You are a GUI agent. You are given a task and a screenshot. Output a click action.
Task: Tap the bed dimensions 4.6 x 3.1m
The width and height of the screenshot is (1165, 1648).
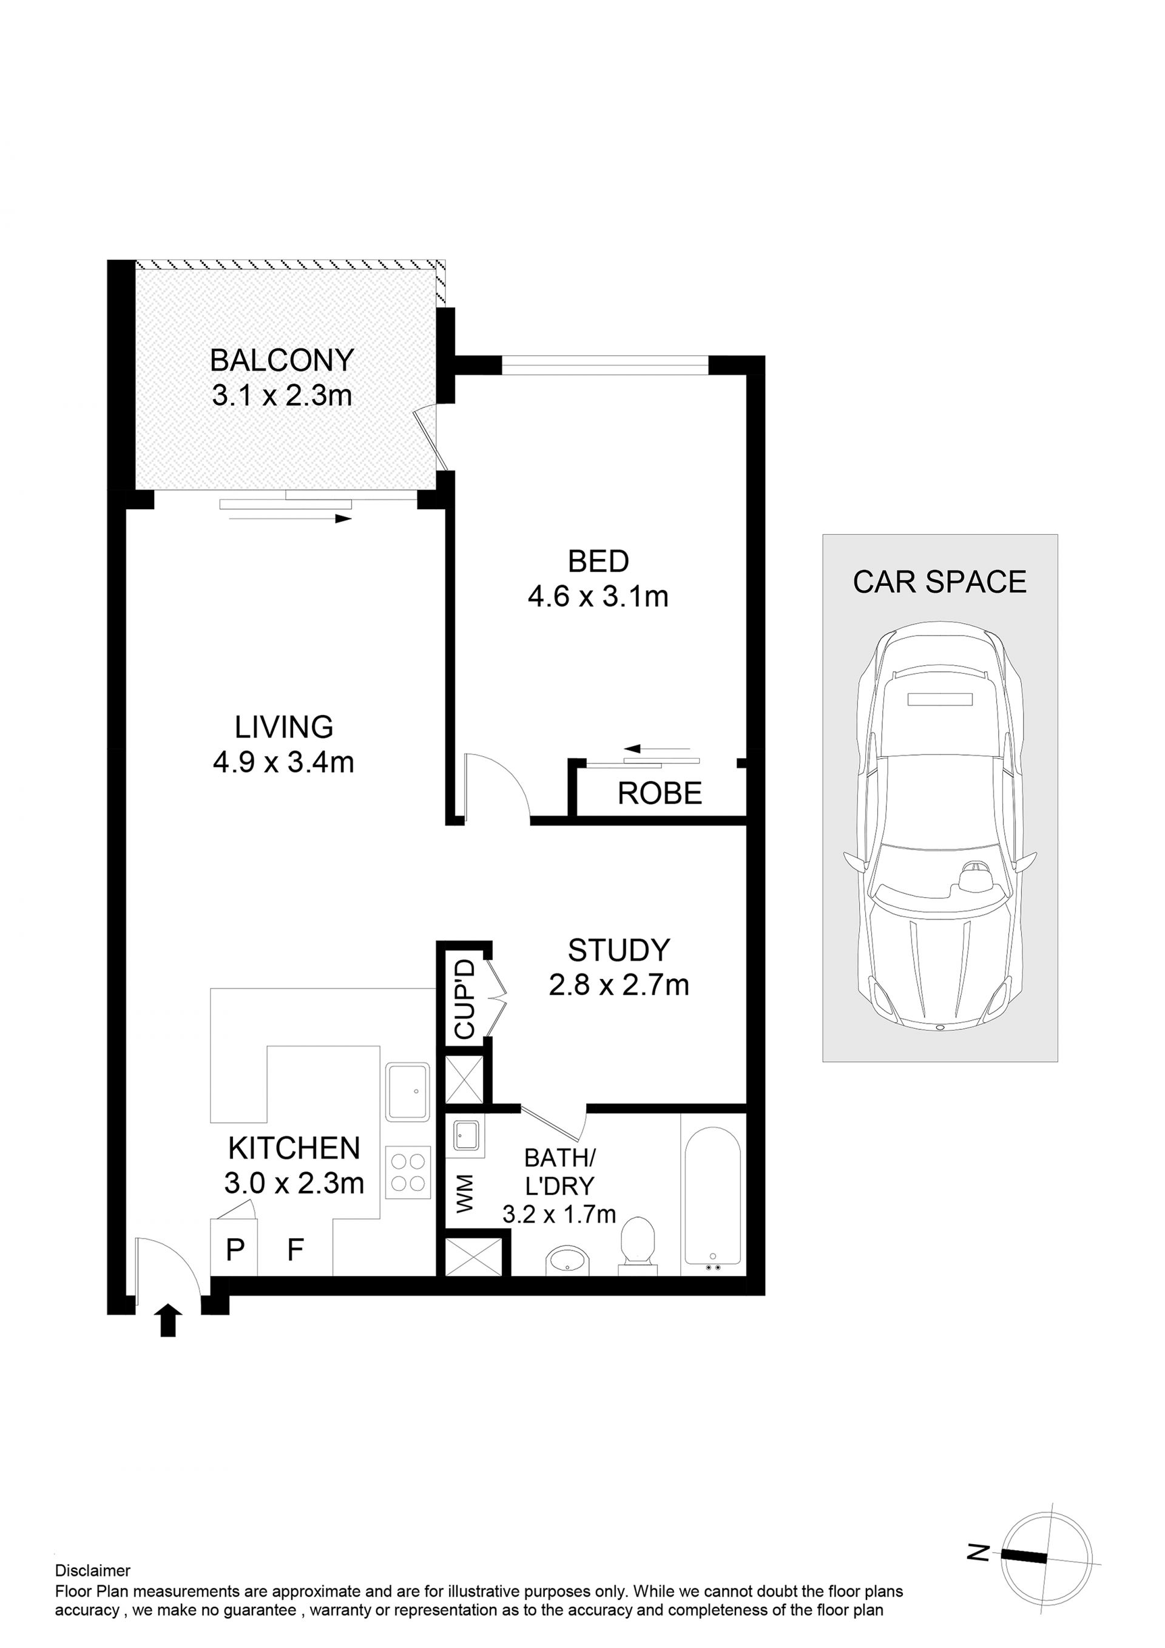(x=598, y=597)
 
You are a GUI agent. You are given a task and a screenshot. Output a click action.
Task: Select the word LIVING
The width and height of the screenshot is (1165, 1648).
(x=284, y=727)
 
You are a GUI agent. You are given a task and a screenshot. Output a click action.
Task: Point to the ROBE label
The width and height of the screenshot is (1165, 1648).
(x=660, y=793)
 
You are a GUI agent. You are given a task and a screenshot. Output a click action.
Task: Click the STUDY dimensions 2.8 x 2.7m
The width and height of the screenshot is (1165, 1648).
(x=619, y=986)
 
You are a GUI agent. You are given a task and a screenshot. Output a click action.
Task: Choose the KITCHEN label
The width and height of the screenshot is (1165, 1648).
(x=294, y=1148)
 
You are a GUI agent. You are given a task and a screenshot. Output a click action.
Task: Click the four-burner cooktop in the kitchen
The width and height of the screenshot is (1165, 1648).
(x=409, y=1173)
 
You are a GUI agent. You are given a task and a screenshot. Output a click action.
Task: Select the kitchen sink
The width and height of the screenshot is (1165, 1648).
(x=408, y=1092)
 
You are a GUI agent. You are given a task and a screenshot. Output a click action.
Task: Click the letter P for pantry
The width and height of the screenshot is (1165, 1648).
(x=235, y=1250)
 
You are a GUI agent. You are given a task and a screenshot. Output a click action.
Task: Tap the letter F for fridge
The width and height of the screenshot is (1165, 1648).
(x=295, y=1250)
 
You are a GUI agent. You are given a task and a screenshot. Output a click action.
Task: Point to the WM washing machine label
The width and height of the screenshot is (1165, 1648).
(x=465, y=1193)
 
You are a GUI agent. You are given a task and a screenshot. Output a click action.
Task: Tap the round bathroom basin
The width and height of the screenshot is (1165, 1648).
(x=567, y=1260)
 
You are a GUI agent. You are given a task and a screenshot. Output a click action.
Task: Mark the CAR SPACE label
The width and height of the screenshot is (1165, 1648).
(x=940, y=582)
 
